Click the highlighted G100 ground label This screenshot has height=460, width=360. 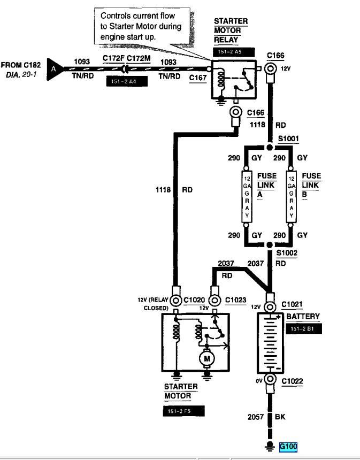(x=288, y=447)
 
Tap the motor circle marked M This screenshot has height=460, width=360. (x=207, y=358)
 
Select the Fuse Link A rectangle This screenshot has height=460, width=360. (x=247, y=196)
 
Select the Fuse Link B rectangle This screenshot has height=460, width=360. (x=291, y=196)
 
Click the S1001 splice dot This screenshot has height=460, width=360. (x=270, y=147)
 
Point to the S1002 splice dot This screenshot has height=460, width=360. (x=270, y=244)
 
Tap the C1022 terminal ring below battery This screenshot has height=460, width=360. (x=270, y=379)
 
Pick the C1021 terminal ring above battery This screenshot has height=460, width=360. (x=270, y=307)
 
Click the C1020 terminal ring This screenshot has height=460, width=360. (x=176, y=301)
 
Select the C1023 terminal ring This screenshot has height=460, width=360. (x=215, y=301)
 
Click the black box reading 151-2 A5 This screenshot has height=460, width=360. (x=234, y=52)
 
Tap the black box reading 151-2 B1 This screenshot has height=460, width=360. (x=304, y=328)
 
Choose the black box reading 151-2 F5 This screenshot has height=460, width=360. (x=183, y=411)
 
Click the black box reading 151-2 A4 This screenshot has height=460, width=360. (x=127, y=81)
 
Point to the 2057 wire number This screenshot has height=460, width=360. (x=256, y=417)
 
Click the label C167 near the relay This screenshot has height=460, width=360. (x=198, y=78)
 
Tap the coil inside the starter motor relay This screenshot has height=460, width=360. (x=221, y=78)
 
